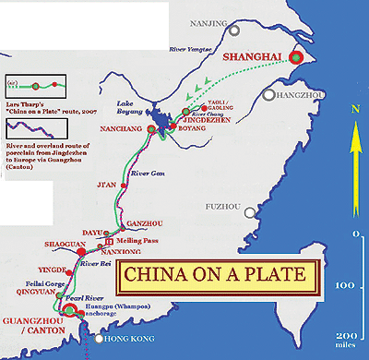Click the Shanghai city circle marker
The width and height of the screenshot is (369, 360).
[295, 57]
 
